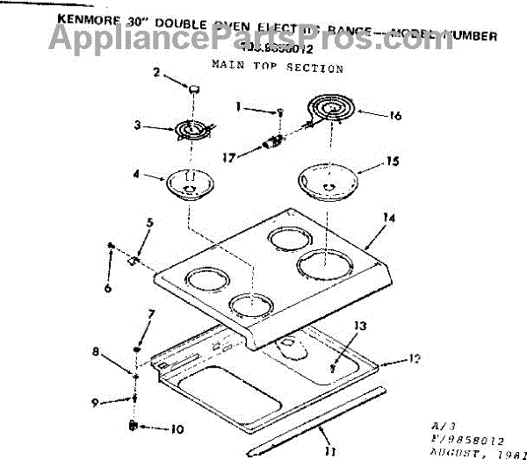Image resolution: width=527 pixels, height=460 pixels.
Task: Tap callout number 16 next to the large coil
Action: (395, 115)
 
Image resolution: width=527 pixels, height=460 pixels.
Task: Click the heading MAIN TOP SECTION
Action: (277, 67)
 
